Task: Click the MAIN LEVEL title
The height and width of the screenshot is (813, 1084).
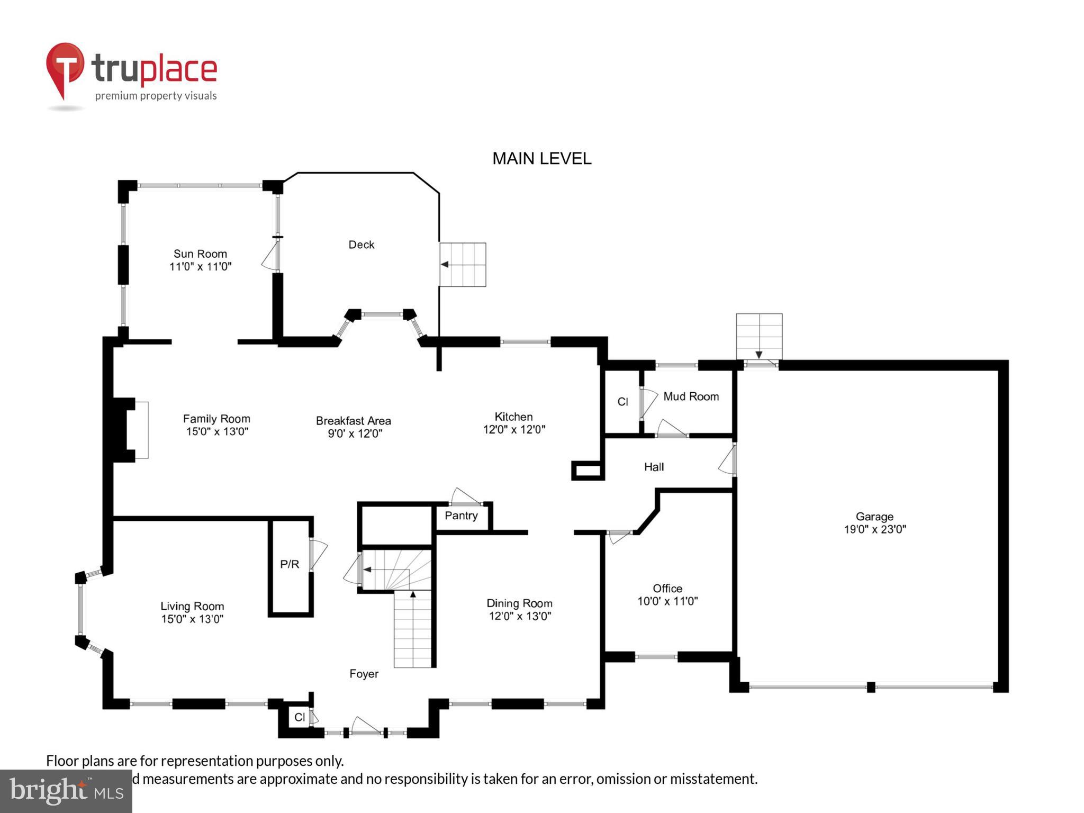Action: pos(541,158)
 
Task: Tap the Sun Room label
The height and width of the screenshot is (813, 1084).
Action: pos(200,254)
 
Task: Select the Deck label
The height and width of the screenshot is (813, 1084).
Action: pos(362,245)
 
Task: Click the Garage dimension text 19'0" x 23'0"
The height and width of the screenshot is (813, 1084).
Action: pos(875,529)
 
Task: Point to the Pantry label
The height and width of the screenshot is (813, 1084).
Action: pos(461,516)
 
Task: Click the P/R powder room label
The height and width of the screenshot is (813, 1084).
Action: pos(290,564)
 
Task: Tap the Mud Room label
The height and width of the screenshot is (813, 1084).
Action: pos(691,396)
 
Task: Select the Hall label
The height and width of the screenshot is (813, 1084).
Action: pos(654,467)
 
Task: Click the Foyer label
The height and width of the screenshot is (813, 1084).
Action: pos(364,674)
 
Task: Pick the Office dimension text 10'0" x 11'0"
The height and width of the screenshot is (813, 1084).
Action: pos(667,601)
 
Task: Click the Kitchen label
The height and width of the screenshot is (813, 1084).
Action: pos(513,417)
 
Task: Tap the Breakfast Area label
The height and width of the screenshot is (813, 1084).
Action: pos(354,421)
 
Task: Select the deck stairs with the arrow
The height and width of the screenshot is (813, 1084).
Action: pos(463,265)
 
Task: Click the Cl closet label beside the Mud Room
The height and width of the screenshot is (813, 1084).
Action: pos(622,402)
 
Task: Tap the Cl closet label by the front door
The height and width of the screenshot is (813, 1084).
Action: pos(300,717)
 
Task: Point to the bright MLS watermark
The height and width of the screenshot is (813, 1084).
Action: pos(66,791)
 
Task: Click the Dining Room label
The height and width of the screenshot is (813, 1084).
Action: pos(519,603)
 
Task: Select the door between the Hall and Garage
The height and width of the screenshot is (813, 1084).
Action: pos(728,459)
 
